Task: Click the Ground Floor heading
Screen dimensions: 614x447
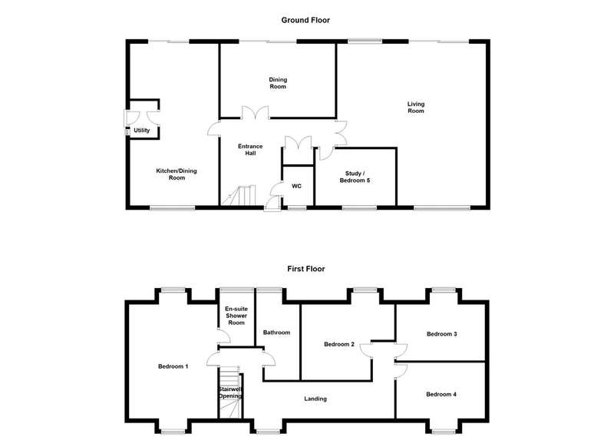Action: point(305,20)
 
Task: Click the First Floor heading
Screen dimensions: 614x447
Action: point(305,269)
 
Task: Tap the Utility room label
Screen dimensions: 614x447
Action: point(142,131)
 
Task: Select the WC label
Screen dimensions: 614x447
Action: point(296,186)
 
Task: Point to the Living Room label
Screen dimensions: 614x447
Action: point(416,108)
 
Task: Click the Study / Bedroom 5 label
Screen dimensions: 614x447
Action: point(355,177)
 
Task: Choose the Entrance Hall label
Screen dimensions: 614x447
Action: point(251,150)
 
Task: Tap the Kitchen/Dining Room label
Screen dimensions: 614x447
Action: point(177,174)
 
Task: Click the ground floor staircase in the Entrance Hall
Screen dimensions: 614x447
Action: point(239,195)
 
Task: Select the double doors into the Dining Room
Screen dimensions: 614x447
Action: point(255,112)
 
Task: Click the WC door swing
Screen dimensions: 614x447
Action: point(276,189)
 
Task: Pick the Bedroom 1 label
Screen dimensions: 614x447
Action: point(173,366)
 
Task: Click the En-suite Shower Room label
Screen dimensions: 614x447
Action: point(236,316)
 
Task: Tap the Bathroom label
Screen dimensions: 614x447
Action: point(276,333)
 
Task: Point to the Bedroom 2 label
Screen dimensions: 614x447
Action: point(339,344)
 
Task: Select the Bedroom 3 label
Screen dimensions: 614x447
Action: point(442,334)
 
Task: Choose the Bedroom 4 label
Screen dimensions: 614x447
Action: point(441,395)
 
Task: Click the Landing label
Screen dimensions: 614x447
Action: point(315,399)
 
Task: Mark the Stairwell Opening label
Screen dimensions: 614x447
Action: point(230,392)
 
